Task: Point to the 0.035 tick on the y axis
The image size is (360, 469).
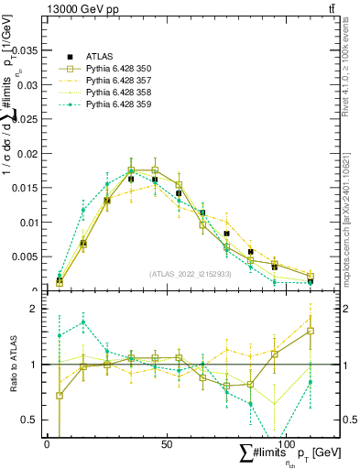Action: coord(28,50)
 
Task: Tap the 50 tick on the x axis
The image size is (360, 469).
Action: coord(167,444)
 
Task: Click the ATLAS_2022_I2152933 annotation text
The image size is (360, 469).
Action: coord(191,274)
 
